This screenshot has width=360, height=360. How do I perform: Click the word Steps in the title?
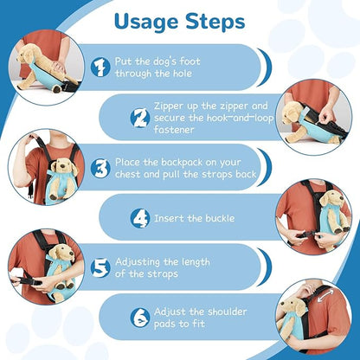[215, 22]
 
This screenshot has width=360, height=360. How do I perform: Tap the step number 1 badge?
[100, 67]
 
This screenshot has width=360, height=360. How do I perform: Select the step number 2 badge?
[140, 118]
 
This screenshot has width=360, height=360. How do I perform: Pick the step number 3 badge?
[100, 168]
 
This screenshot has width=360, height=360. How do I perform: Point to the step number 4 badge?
[140, 218]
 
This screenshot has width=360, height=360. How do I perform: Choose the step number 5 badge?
[100, 267]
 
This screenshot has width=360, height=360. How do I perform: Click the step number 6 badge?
[140, 318]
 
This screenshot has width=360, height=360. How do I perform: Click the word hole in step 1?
[183, 74]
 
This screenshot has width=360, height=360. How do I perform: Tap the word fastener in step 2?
[174, 129]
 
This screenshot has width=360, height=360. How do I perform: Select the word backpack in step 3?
[182, 163]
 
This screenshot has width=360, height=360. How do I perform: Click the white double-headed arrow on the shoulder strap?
[325, 296]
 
